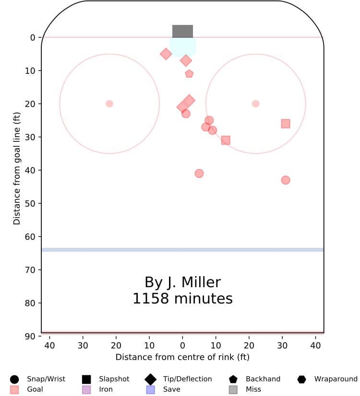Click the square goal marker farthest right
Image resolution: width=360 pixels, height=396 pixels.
click(x=286, y=124)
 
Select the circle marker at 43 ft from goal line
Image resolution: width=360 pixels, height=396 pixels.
click(x=286, y=180)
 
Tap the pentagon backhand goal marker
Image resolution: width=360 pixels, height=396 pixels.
click(x=189, y=74)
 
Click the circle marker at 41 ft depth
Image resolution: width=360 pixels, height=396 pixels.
click(x=199, y=174)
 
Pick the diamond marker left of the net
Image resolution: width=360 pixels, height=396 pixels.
click(x=166, y=54)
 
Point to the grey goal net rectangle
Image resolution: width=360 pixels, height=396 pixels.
click(x=182, y=31)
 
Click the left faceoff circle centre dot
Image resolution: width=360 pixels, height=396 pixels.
click(x=109, y=104)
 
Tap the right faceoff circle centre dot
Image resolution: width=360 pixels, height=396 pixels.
click(x=255, y=104)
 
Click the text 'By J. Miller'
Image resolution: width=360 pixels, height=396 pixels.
click(x=182, y=282)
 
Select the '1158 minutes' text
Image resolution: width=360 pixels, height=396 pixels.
click(x=182, y=299)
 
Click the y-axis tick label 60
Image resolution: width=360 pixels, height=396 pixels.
click(x=30, y=236)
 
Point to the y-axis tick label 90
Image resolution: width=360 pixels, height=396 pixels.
click(x=30, y=336)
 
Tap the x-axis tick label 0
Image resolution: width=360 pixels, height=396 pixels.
click(x=182, y=345)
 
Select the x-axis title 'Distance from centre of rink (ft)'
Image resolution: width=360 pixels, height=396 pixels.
click(x=182, y=357)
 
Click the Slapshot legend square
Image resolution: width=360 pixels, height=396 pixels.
click(x=86, y=379)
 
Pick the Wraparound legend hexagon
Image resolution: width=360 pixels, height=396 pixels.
click(x=301, y=379)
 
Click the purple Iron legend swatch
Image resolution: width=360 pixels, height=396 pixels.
click(x=86, y=389)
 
